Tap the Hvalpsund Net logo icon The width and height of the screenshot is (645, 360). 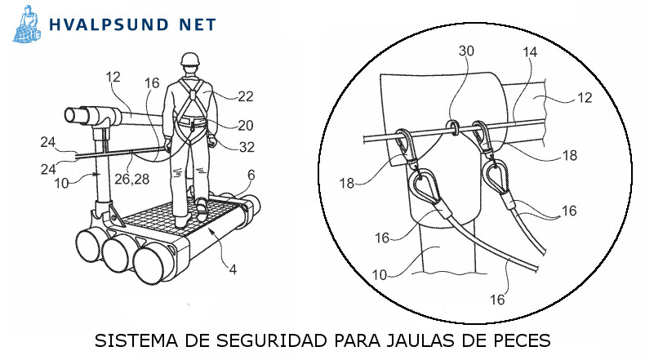click(x=28, y=24)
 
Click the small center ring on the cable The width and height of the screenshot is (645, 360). click(x=450, y=126)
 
